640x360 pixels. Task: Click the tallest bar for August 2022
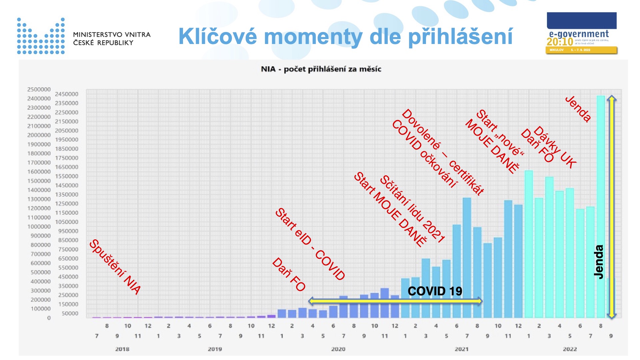coord(600,207)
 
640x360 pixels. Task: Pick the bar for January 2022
coord(529,243)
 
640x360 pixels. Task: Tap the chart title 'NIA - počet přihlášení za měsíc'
coord(321,69)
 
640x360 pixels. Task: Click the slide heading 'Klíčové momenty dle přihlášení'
coord(345,37)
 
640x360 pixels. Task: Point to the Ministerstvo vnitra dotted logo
coord(41,36)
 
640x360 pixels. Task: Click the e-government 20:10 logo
coord(582,33)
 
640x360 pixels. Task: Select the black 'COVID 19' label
coord(435,291)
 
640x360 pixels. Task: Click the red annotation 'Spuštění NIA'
coord(115,267)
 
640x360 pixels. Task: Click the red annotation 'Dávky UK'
coord(555,147)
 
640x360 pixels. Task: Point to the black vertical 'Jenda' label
coord(599,262)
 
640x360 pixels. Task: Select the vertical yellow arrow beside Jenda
coord(611,207)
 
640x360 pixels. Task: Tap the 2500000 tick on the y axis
coord(39,89)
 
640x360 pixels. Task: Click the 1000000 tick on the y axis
coord(39,227)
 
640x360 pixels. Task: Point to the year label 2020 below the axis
coord(338,349)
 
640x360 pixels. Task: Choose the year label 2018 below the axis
coord(122,349)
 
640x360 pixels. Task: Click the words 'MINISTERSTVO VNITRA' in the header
coord(112,34)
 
